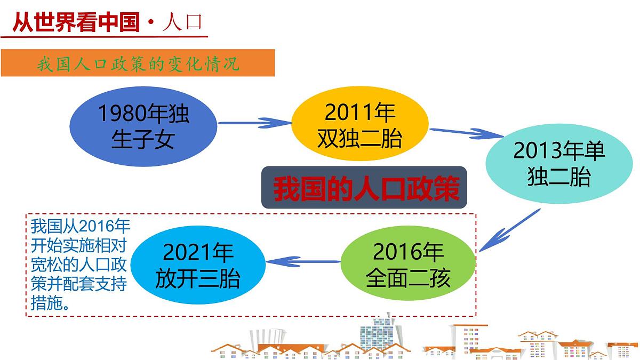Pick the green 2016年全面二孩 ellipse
(409, 264)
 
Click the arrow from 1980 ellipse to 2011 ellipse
(254, 124)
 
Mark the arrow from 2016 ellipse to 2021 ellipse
(303, 261)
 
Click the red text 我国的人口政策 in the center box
(364, 188)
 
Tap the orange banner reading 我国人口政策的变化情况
(138, 63)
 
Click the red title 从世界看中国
(75, 22)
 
